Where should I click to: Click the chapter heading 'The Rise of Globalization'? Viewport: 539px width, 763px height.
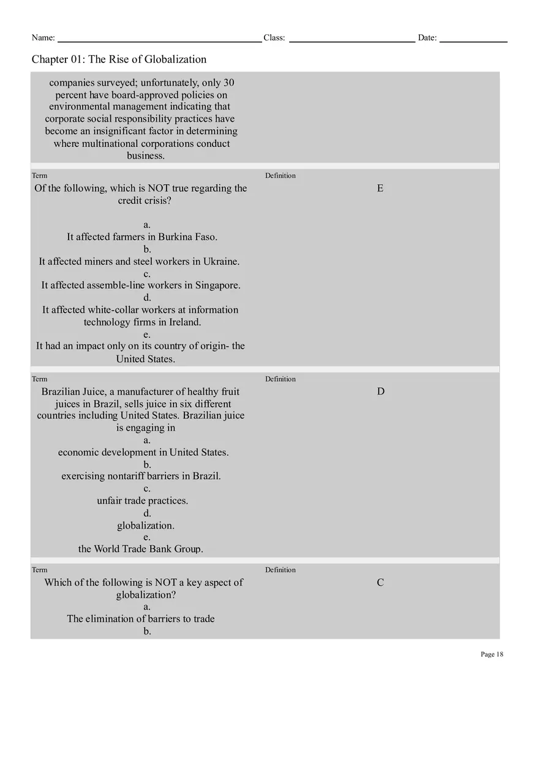point(148,59)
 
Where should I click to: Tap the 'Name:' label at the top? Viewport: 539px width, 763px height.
point(43,38)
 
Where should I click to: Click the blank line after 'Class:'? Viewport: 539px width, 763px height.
point(352,39)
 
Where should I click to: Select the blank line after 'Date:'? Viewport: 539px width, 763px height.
point(473,39)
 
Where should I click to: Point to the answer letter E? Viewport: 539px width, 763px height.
point(380,188)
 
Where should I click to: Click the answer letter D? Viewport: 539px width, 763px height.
point(380,392)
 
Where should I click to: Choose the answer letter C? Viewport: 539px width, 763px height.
point(380,582)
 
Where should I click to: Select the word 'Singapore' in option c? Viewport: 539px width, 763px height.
point(217,285)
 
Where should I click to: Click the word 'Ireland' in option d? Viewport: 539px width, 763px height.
point(185,322)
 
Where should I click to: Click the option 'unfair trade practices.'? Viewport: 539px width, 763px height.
point(142,501)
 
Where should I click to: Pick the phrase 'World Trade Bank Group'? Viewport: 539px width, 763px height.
point(148,549)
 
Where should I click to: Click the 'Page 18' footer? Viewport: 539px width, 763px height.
point(492,654)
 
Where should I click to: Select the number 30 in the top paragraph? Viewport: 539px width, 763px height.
point(228,83)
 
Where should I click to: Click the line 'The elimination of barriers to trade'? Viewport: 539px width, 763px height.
point(141,619)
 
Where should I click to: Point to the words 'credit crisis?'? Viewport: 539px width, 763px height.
point(145,201)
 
